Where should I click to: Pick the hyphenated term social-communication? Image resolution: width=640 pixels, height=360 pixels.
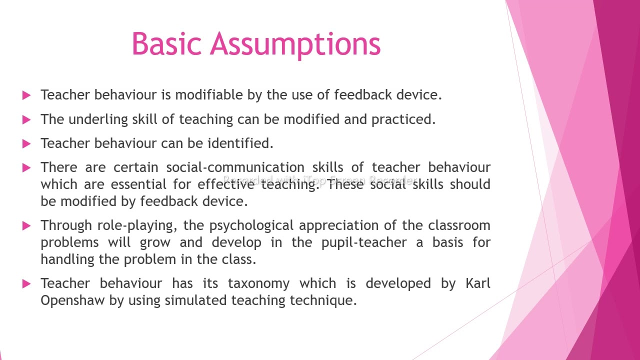point(235,167)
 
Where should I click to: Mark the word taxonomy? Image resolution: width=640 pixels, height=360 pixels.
point(258,283)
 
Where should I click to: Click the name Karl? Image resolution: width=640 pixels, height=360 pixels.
point(477,283)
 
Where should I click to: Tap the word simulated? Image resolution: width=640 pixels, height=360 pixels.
point(196,300)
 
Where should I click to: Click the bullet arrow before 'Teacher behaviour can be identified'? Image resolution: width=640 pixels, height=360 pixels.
point(27,144)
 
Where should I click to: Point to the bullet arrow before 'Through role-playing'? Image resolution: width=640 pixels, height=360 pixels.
point(27,226)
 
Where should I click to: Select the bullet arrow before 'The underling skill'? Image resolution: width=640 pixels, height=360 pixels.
point(27,120)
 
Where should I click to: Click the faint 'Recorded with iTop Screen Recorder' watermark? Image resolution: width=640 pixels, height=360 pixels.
point(319,180)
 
